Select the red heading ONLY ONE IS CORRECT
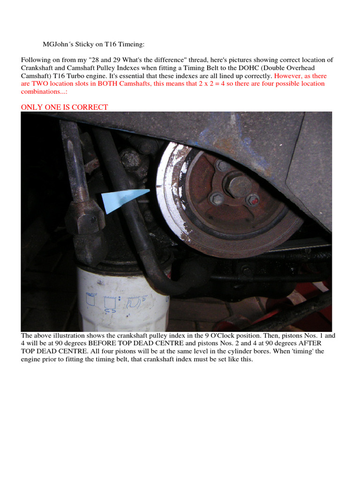[x=64, y=107]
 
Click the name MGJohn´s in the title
[x=60, y=45]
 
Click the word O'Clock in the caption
[x=227, y=336]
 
